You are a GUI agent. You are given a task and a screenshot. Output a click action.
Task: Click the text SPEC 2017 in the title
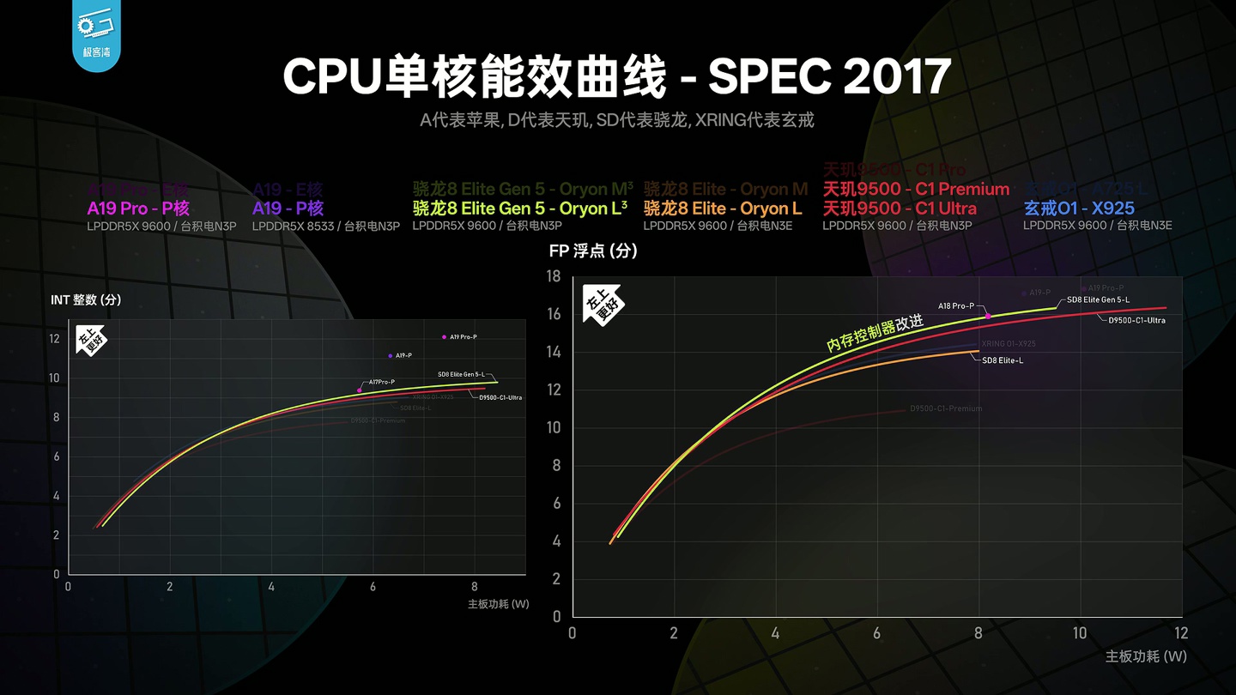(x=829, y=78)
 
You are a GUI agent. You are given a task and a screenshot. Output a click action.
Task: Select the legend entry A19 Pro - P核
(x=138, y=208)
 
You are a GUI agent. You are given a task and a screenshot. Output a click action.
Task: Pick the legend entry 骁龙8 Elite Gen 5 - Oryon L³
(x=520, y=208)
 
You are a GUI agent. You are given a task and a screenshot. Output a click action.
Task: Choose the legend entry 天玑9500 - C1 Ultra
(x=899, y=208)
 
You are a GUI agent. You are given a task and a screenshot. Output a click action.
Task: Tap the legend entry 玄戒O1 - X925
(x=1079, y=208)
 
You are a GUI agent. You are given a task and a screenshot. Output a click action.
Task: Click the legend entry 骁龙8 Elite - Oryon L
(x=723, y=208)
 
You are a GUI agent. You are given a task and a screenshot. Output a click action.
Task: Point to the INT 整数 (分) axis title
(x=86, y=299)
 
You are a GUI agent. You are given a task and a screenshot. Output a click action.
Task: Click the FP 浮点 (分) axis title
(x=593, y=251)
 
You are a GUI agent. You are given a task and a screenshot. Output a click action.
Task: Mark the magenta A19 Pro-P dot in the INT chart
(x=444, y=337)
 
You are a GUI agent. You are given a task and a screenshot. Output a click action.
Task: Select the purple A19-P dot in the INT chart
(x=391, y=355)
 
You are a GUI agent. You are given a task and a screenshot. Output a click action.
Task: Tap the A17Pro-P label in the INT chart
(x=381, y=382)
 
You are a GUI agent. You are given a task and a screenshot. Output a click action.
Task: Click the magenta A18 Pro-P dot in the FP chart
(x=988, y=316)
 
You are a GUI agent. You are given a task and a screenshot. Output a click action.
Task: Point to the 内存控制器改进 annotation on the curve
(x=875, y=332)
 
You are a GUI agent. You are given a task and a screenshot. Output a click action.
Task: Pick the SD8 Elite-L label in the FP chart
(x=1003, y=360)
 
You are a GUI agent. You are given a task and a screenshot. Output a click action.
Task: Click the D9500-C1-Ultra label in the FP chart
(x=1136, y=320)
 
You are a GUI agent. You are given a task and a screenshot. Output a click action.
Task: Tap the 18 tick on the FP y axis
(x=554, y=276)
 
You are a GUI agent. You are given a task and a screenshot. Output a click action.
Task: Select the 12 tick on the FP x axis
(x=1181, y=633)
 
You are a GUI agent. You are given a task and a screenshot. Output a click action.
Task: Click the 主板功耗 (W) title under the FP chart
(x=1146, y=656)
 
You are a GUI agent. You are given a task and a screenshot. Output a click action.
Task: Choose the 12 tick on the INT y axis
(x=55, y=339)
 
